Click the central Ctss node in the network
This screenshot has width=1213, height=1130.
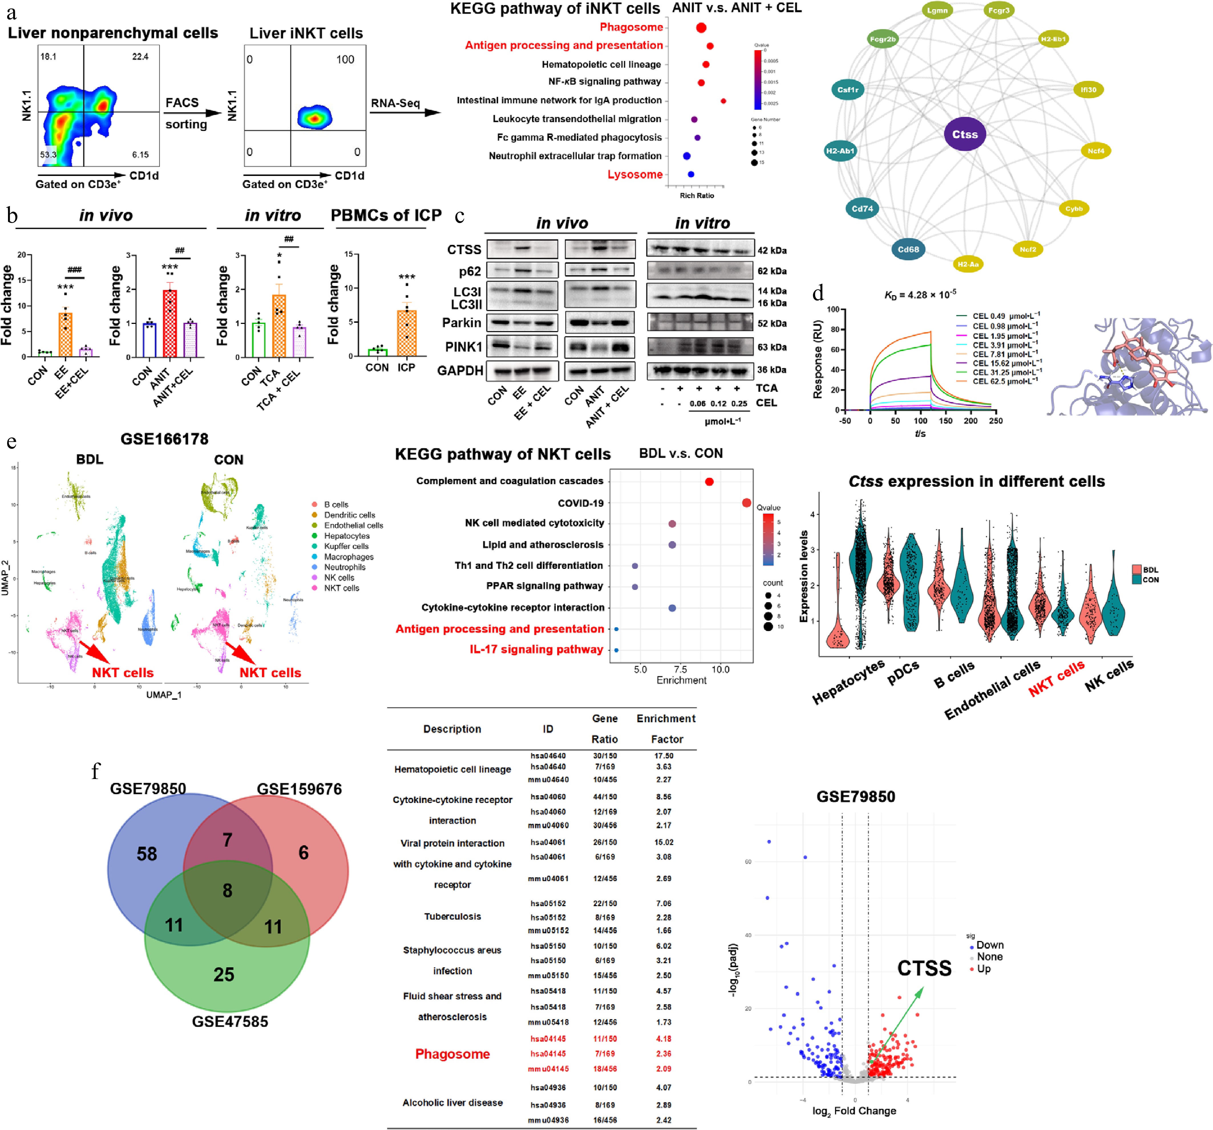pyautogui.click(x=965, y=134)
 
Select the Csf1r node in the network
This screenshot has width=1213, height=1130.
pyautogui.click(x=848, y=90)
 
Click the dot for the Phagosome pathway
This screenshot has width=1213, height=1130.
pyautogui.click(x=701, y=27)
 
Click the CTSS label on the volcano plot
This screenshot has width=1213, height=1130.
pyautogui.click(x=924, y=968)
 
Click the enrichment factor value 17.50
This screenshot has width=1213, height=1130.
pyautogui.click(x=664, y=756)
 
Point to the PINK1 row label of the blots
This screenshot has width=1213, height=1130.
pyautogui.click(x=464, y=347)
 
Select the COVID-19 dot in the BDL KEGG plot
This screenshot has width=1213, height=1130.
pyautogui.click(x=746, y=502)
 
